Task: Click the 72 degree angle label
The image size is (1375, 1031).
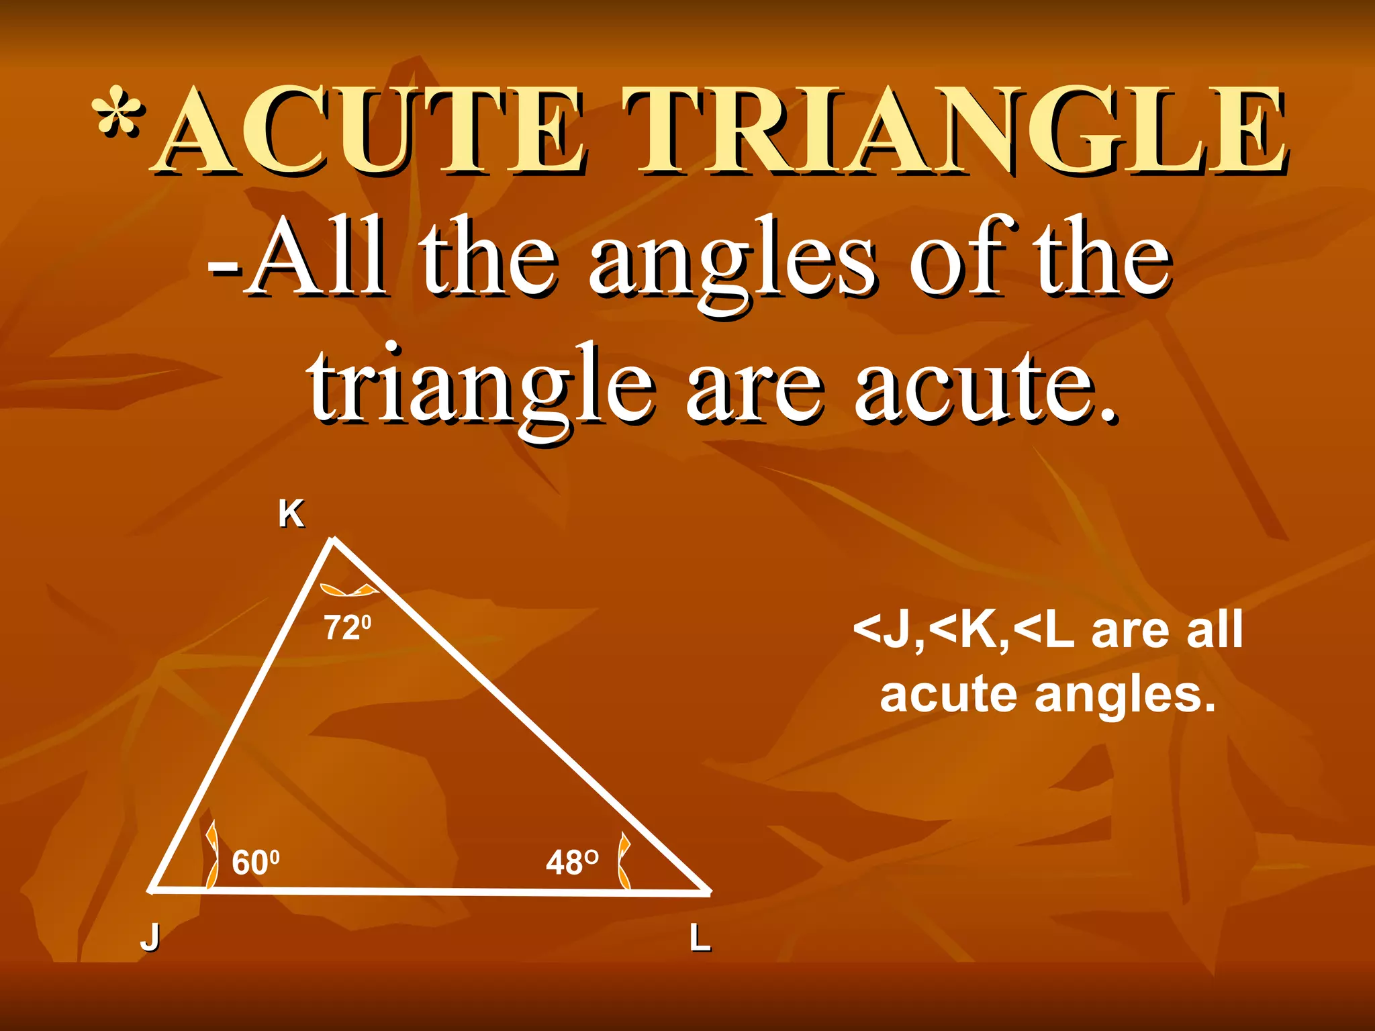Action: [x=348, y=628]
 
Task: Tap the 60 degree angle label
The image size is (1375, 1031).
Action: [x=255, y=862]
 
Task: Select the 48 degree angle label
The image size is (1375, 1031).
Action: [x=571, y=862]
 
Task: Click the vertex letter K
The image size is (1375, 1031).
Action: [x=291, y=515]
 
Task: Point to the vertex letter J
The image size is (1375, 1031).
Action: [x=150, y=937]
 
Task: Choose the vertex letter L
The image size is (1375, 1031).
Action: [x=700, y=938]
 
